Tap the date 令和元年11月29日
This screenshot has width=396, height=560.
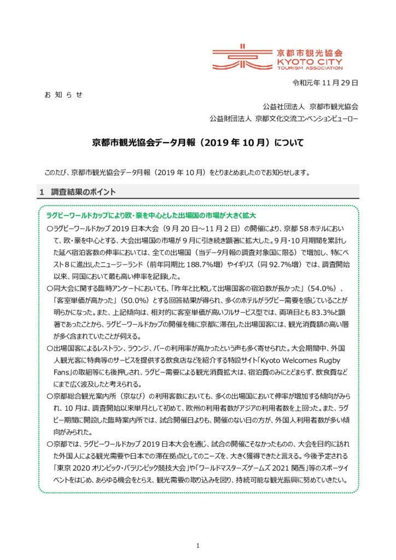tap(325, 84)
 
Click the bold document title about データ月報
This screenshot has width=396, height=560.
tap(197, 143)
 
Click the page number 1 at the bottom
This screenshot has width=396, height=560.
tap(198, 530)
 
